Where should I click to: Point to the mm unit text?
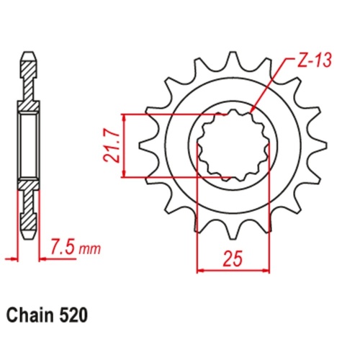[90, 251]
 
